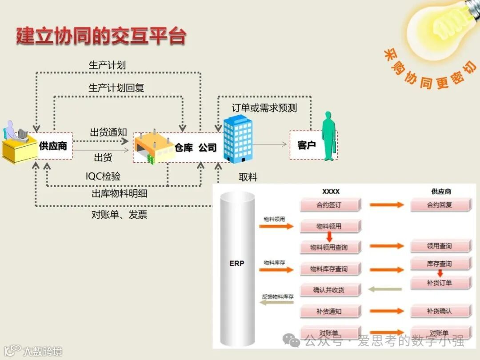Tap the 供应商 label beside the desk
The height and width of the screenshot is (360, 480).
(x=53, y=146)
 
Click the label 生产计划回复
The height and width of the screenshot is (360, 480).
(x=116, y=88)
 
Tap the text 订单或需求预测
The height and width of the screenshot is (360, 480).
(x=264, y=108)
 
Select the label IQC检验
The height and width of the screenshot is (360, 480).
(x=103, y=176)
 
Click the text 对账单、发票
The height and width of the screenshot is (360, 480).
(x=119, y=215)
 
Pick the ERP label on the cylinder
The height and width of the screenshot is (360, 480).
(x=237, y=263)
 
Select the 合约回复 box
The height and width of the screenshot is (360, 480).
(x=440, y=205)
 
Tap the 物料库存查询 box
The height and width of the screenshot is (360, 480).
(x=329, y=269)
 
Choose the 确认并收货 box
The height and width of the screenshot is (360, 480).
(x=329, y=290)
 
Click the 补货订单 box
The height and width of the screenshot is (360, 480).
(x=440, y=283)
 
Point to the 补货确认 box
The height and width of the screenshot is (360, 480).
(x=440, y=311)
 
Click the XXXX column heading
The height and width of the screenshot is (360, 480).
(x=331, y=192)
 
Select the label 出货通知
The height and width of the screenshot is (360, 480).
(x=108, y=132)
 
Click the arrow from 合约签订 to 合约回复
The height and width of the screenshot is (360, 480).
(x=386, y=205)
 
